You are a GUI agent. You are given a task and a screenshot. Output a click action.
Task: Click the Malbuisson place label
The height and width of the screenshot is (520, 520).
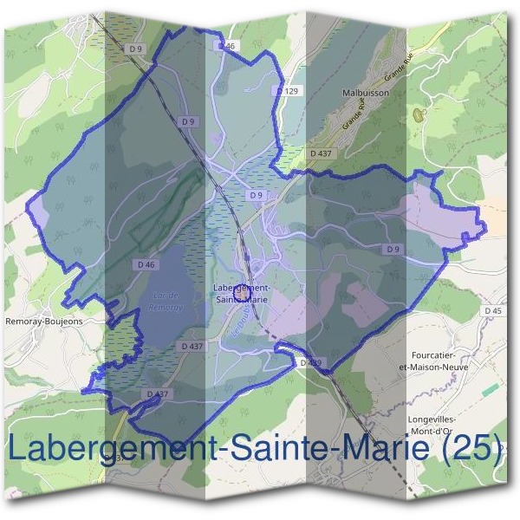[x=365, y=90]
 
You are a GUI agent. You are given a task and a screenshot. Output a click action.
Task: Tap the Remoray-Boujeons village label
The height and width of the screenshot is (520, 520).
[x=44, y=321]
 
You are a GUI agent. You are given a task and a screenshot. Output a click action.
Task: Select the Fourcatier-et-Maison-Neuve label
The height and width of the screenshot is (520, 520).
[x=439, y=361]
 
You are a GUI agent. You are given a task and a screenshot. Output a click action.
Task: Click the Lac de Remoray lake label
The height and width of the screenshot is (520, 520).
[x=164, y=301]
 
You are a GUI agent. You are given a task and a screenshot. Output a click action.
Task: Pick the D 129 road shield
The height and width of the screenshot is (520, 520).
[x=289, y=90]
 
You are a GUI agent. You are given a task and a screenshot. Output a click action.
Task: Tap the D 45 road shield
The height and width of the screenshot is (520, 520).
[x=493, y=310]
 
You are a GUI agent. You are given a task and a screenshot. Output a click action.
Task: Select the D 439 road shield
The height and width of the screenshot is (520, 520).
[x=310, y=362]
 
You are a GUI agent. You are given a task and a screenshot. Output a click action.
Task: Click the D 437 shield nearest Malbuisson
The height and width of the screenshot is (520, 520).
[x=321, y=153]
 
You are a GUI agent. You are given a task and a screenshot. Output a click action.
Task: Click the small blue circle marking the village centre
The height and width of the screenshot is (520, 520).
[x=242, y=296]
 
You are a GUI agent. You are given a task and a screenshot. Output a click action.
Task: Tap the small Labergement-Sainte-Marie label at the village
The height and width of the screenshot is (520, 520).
[x=243, y=293]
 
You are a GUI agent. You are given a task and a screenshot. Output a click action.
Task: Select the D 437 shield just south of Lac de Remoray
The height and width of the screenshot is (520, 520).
[x=192, y=346]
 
